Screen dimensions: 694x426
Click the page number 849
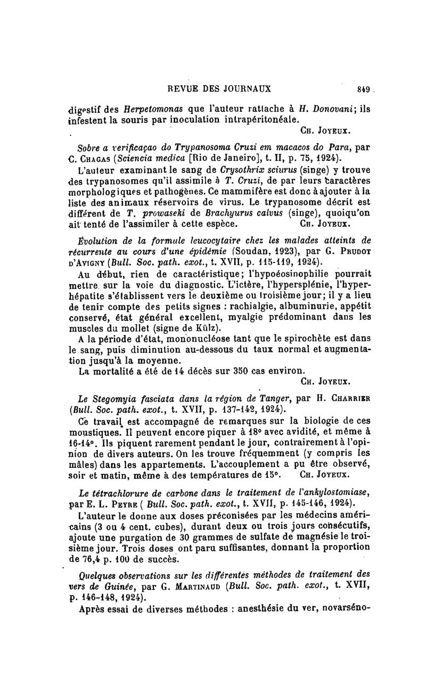[365, 88]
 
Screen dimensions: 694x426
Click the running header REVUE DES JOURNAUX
[219, 88]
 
